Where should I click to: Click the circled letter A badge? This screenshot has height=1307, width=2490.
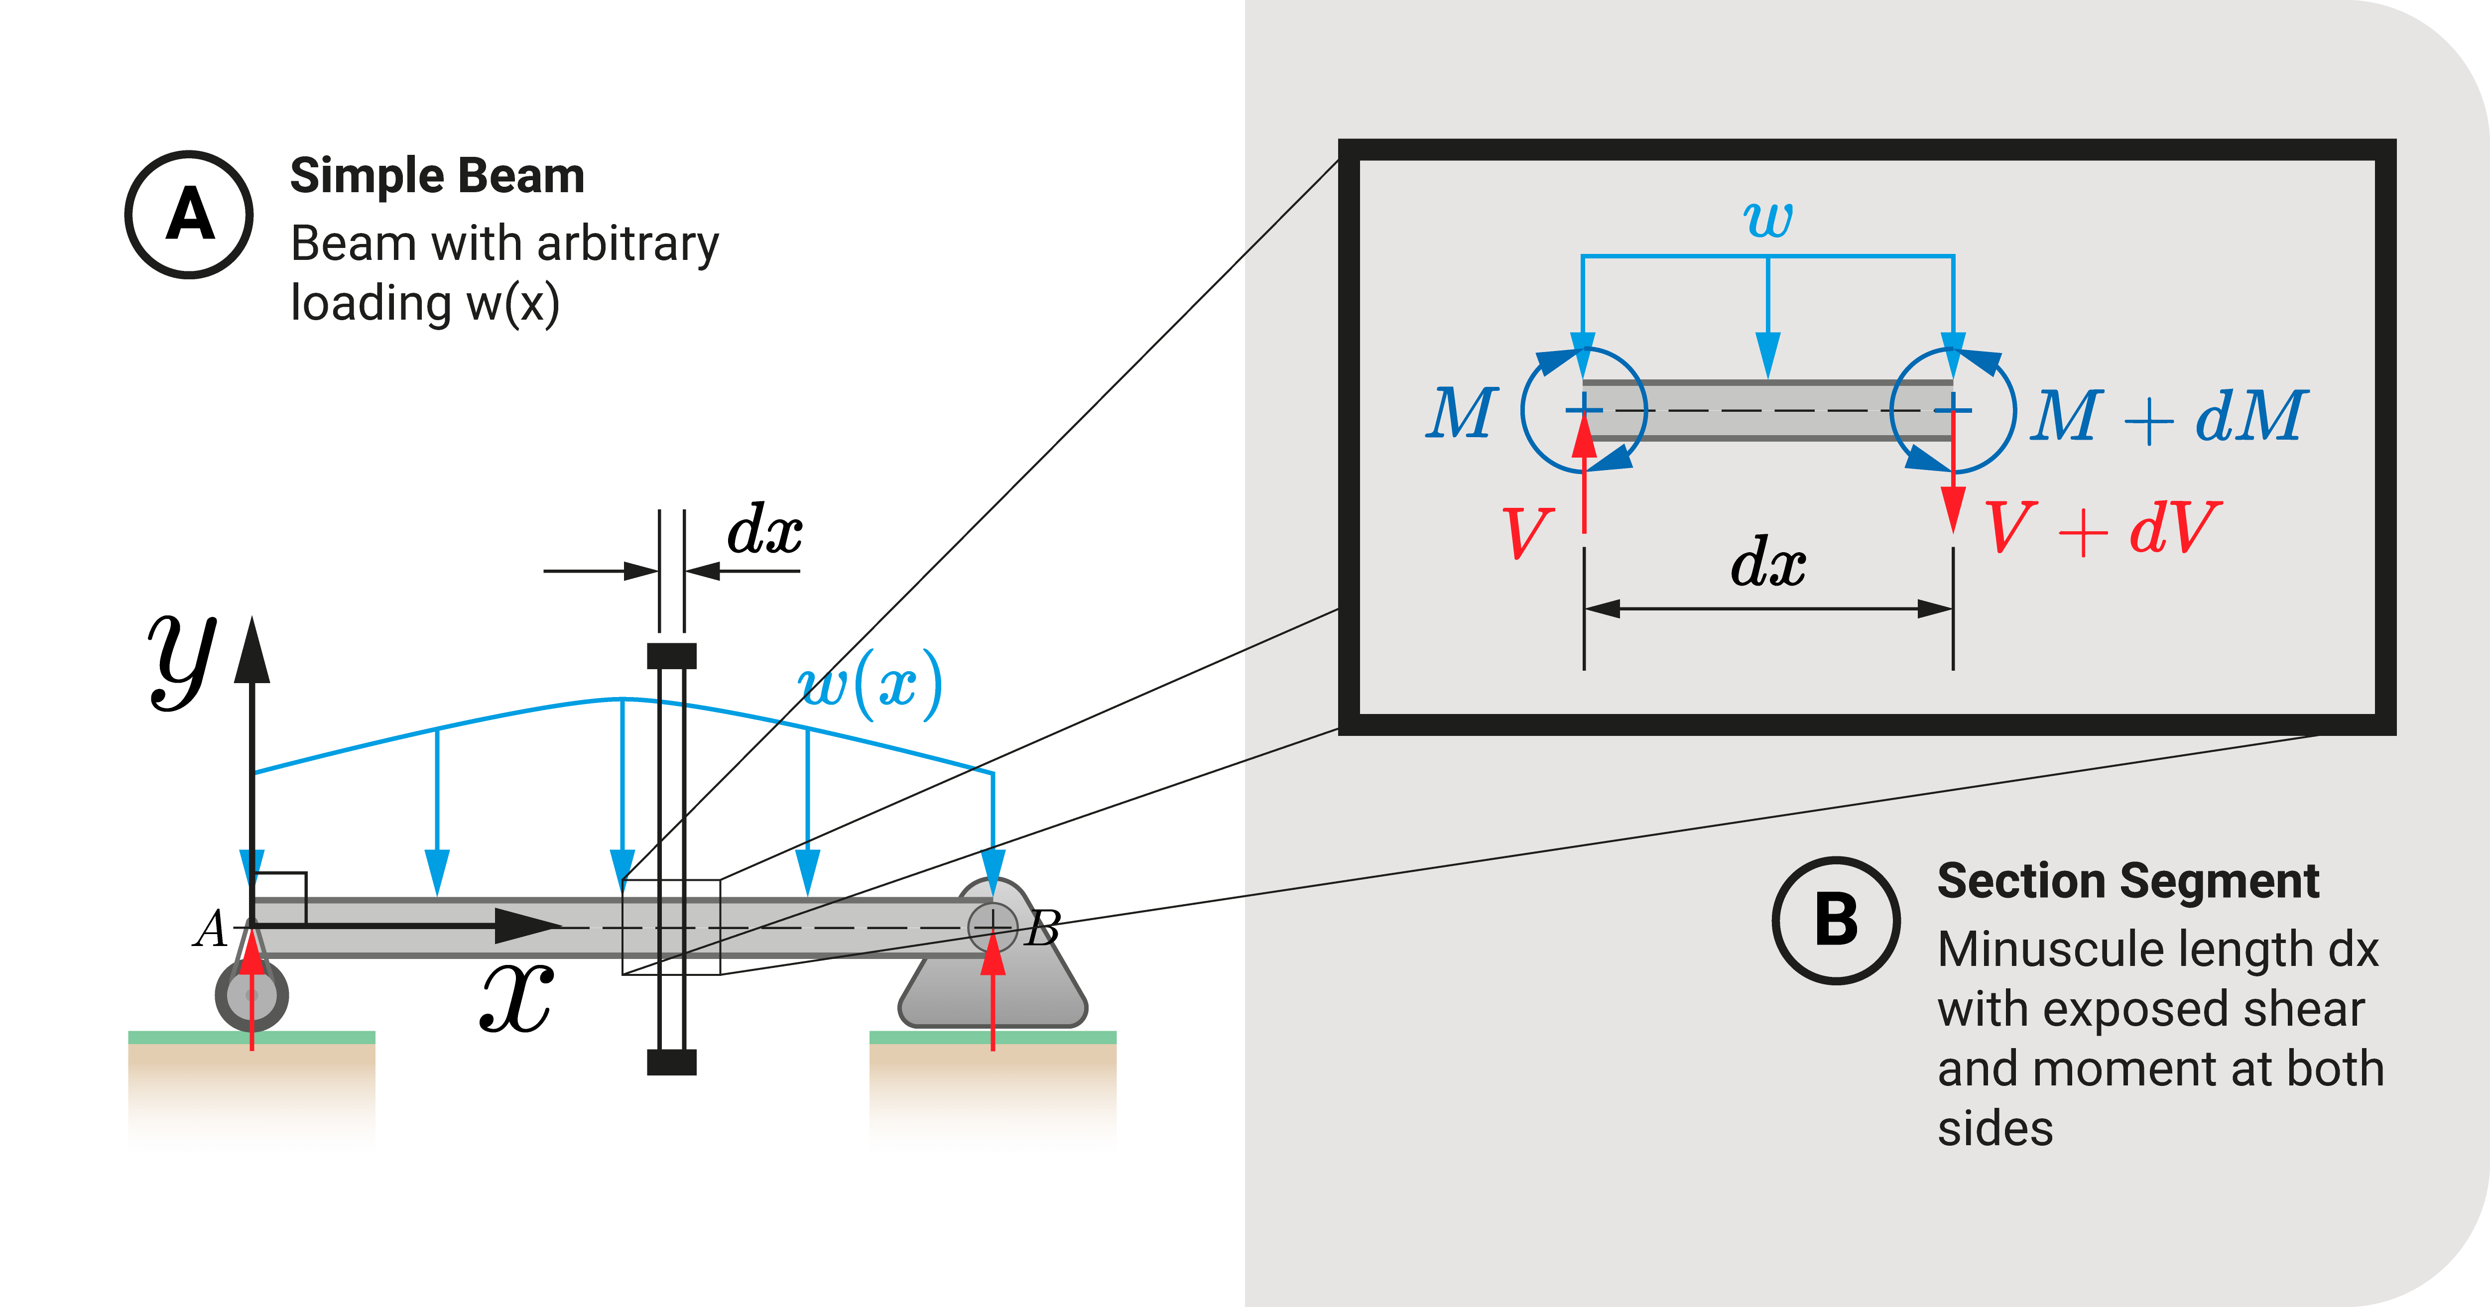(189, 215)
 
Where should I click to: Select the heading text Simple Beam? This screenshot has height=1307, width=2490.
(437, 176)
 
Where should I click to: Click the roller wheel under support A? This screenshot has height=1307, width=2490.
(251, 995)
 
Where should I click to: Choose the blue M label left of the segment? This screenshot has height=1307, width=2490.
(1462, 414)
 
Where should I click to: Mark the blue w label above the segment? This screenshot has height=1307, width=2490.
(1768, 219)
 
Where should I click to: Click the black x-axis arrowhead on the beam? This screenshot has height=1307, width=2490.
(527, 926)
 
